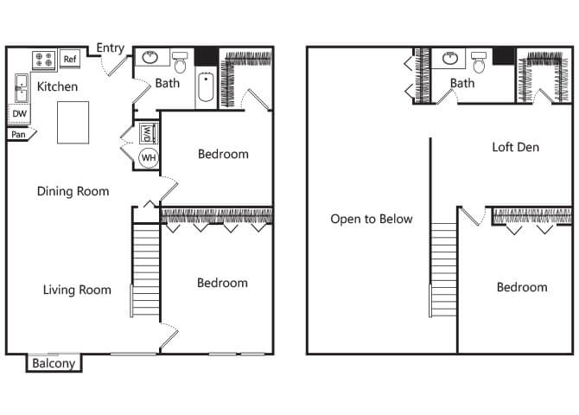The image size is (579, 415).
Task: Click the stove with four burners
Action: pos(44,61)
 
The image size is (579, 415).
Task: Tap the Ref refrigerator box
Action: pos(70,59)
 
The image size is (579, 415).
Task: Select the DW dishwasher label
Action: pos(19,113)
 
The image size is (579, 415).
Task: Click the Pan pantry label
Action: pos(18,134)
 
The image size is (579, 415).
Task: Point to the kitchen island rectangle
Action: pos(73,122)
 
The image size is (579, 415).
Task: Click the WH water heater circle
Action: pos(149,158)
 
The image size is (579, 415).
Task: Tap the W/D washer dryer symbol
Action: pos(147,133)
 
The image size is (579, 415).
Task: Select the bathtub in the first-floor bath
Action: pos(206,87)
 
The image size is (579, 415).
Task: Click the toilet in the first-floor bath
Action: pos(180,62)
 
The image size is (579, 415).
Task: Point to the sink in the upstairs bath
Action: pos(449,58)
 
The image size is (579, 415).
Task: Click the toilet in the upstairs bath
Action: pos(479,62)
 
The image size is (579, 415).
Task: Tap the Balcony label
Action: pos(54,363)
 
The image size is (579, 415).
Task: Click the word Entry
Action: pos(110,48)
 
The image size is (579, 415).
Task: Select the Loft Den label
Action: pos(516,147)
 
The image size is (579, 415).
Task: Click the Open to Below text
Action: pos(372,219)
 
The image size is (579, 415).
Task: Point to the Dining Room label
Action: pos(73,191)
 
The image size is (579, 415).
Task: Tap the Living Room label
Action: pos(77,290)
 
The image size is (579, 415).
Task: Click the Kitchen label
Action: pos(57,86)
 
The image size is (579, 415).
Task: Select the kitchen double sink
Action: pos(21,88)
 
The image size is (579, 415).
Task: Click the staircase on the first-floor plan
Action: pos(146,270)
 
